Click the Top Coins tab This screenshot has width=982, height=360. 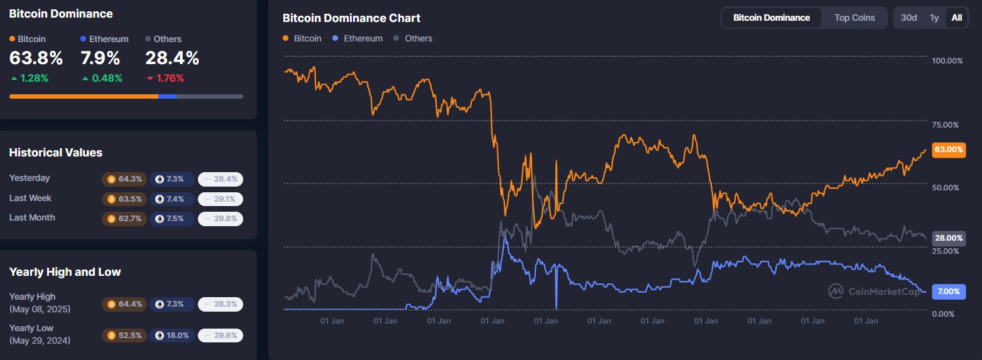[x=854, y=18]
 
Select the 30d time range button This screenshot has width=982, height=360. [x=908, y=18]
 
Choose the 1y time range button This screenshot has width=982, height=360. [x=934, y=18]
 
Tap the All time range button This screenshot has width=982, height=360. [x=956, y=18]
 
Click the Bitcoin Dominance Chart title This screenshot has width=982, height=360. [x=351, y=18]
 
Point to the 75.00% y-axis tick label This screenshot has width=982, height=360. [x=947, y=124]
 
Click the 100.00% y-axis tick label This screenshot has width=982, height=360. [x=947, y=61]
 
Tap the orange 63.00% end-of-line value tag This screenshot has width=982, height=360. [x=948, y=150]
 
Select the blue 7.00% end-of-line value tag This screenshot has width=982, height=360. [x=948, y=292]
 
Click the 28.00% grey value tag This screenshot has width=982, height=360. [x=948, y=238]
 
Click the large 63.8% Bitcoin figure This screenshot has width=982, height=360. [x=36, y=58]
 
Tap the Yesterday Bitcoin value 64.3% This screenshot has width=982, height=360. [x=124, y=179]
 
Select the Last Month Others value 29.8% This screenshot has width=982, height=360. [x=221, y=219]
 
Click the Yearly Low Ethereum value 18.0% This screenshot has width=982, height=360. [x=172, y=335]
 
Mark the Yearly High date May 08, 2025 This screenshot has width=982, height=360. [x=40, y=309]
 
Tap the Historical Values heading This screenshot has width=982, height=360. [x=55, y=153]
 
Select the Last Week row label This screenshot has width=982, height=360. [x=30, y=198]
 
